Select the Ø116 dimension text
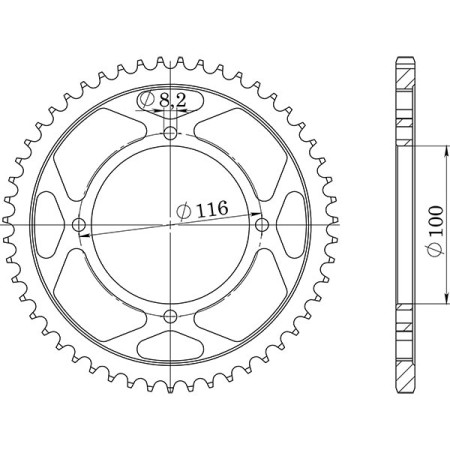click(x=201, y=211)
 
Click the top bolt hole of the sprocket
click(x=171, y=133)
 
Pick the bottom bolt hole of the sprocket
click(x=171, y=317)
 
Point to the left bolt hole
click(x=80, y=224)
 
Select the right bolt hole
click(x=263, y=224)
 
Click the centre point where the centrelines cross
click(x=171, y=225)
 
